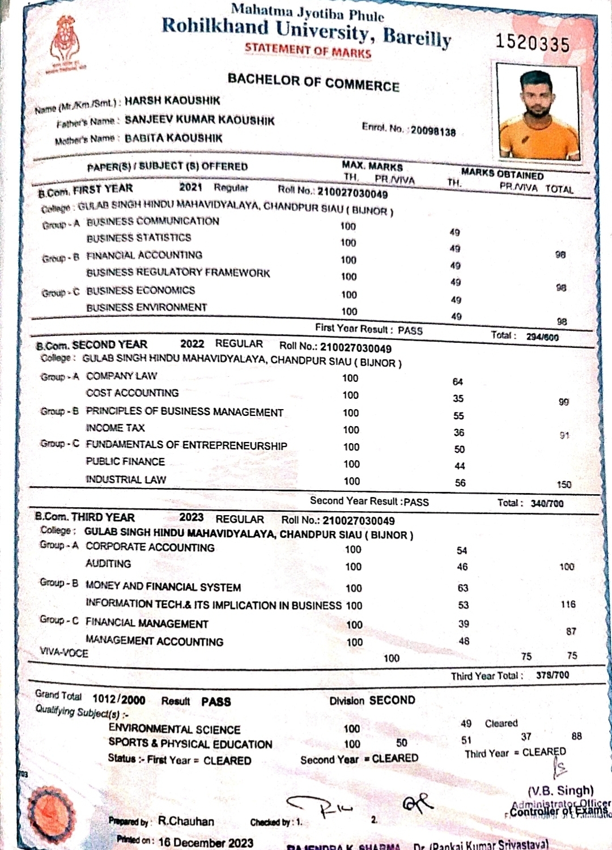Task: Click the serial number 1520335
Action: tap(532, 44)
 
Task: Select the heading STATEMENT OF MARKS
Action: tap(308, 50)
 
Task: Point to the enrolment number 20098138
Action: tap(433, 131)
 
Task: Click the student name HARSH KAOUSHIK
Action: tap(172, 101)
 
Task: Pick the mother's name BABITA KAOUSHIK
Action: tap(173, 138)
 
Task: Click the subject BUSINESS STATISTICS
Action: tap(139, 238)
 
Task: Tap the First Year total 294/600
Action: tap(542, 337)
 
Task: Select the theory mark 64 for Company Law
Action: tap(458, 382)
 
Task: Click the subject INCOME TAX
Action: tap(116, 428)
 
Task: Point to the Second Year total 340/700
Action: tap(547, 503)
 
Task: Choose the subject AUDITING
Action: tap(108, 564)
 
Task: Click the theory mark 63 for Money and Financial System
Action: tap(463, 588)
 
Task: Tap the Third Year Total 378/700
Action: tap(552, 675)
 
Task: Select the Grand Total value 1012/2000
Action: tap(119, 700)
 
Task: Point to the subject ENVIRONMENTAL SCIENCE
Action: tap(175, 729)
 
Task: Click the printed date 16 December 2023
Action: tap(206, 842)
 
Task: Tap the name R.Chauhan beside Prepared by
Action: tap(186, 821)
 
